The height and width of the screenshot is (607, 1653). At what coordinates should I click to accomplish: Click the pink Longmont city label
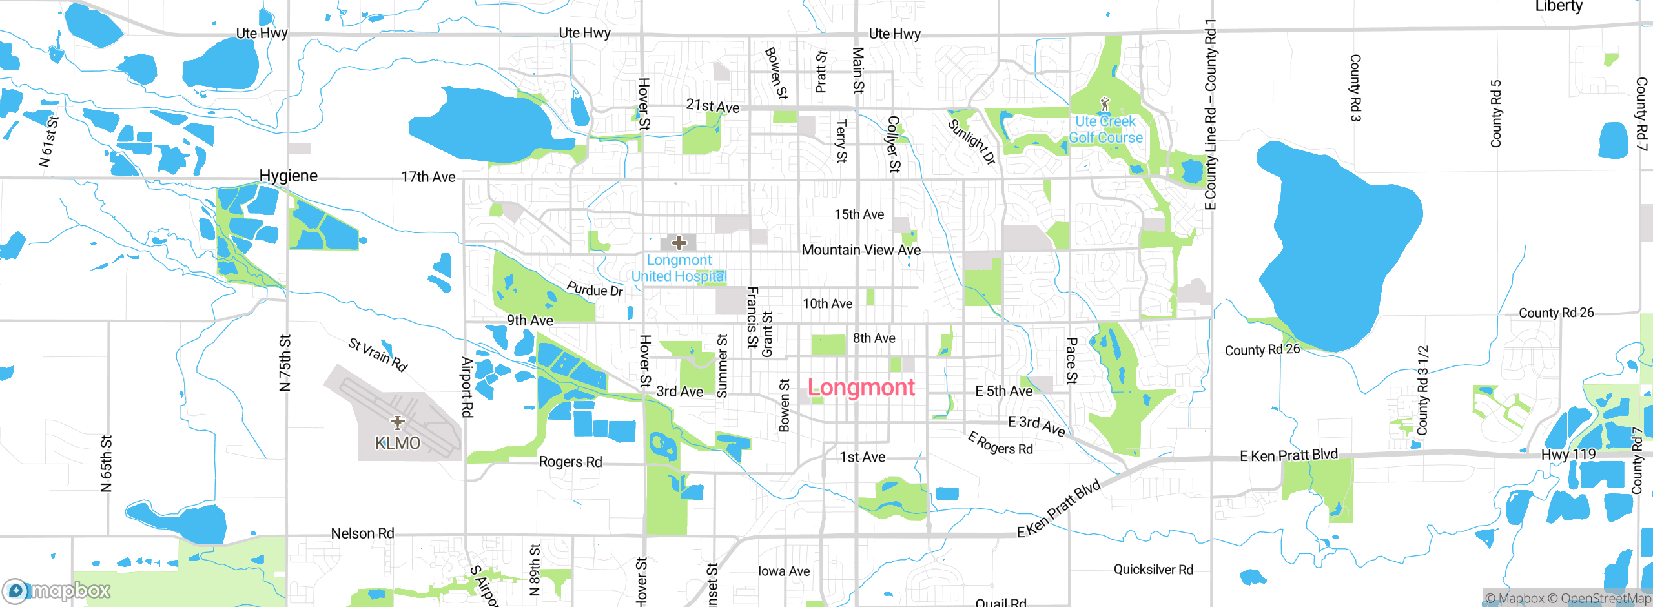[x=861, y=387]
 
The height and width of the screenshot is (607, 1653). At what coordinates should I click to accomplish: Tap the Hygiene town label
[x=288, y=176]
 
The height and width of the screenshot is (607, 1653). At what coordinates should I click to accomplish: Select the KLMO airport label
[x=398, y=443]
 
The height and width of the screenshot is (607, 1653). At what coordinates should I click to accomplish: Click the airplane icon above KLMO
[x=398, y=422]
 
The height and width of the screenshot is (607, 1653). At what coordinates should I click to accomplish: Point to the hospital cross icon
[x=679, y=243]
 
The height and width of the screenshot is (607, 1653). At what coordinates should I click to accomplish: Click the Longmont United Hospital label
[x=679, y=268]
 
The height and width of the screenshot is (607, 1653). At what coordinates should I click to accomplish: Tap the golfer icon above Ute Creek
[x=1105, y=103]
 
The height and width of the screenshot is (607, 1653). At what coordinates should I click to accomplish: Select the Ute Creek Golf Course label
[x=1105, y=129]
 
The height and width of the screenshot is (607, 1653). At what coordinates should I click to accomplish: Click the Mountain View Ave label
[x=861, y=250]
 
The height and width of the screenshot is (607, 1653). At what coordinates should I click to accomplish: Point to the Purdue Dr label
[x=595, y=289]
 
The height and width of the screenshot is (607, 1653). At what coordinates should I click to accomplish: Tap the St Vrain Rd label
[x=378, y=355]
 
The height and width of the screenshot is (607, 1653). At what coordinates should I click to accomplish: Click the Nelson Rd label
[x=362, y=533]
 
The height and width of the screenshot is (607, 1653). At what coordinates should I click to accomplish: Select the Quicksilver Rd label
[x=1153, y=570]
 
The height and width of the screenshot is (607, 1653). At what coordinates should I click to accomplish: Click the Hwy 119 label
[x=1568, y=455]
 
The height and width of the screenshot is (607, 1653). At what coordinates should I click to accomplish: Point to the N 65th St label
[x=107, y=463]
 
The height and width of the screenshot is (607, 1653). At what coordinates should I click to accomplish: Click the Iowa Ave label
[x=783, y=571]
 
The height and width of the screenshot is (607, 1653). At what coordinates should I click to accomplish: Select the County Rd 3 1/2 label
[x=1422, y=390]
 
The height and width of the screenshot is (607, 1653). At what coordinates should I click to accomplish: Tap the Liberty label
[x=1559, y=6]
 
